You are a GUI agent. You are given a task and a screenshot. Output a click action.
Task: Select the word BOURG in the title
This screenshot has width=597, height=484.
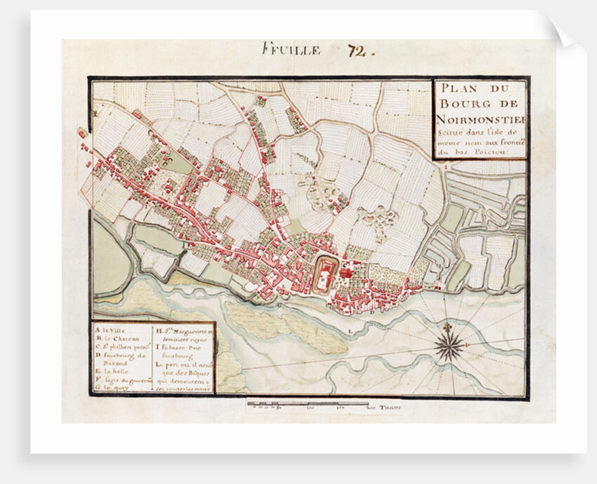466,104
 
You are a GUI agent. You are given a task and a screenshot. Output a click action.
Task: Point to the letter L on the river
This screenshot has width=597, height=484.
349,327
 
